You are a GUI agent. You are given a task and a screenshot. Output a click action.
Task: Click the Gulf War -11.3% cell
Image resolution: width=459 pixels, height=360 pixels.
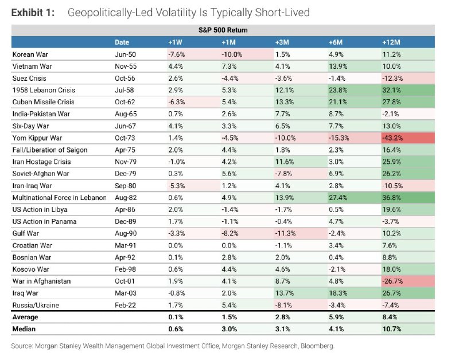click(284, 234)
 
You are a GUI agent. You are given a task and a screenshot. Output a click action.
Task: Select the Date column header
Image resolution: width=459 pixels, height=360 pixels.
click(122, 42)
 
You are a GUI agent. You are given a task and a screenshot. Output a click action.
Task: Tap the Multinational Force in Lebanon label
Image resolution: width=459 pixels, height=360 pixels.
click(60, 198)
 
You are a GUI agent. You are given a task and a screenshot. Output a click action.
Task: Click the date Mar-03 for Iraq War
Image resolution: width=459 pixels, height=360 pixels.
click(125, 294)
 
